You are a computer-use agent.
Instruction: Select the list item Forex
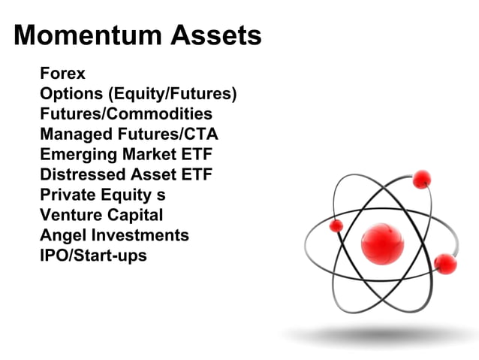pyautogui.click(x=62, y=74)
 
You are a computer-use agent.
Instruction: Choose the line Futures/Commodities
pyautogui.click(x=125, y=114)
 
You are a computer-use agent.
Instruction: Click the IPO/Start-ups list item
pyautogui.click(x=93, y=256)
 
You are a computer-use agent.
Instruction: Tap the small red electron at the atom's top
pyautogui.click(x=422, y=178)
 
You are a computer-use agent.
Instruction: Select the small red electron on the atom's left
pyautogui.click(x=336, y=225)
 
